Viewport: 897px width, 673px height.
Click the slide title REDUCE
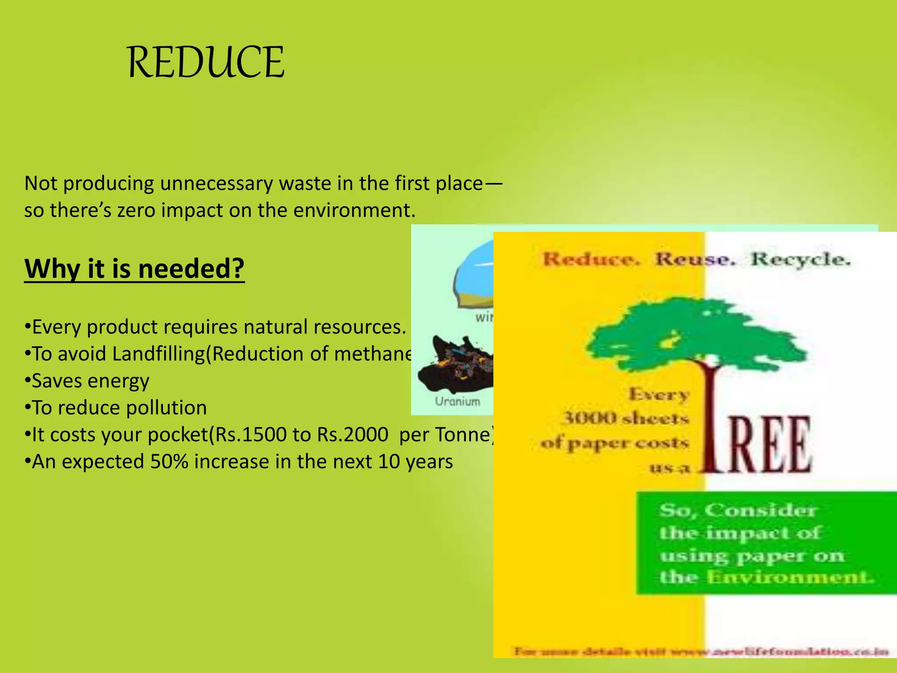[x=206, y=62]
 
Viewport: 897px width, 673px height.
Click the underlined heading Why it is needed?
[x=134, y=268]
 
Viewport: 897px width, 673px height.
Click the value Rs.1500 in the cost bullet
[x=250, y=435]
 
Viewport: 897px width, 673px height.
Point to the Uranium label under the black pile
[x=457, y=401]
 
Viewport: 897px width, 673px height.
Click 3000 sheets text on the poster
[x=626, y=418]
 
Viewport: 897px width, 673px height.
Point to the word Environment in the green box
[x=788, y=577]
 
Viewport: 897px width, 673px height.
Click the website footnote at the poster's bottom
[x=701, y=652]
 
